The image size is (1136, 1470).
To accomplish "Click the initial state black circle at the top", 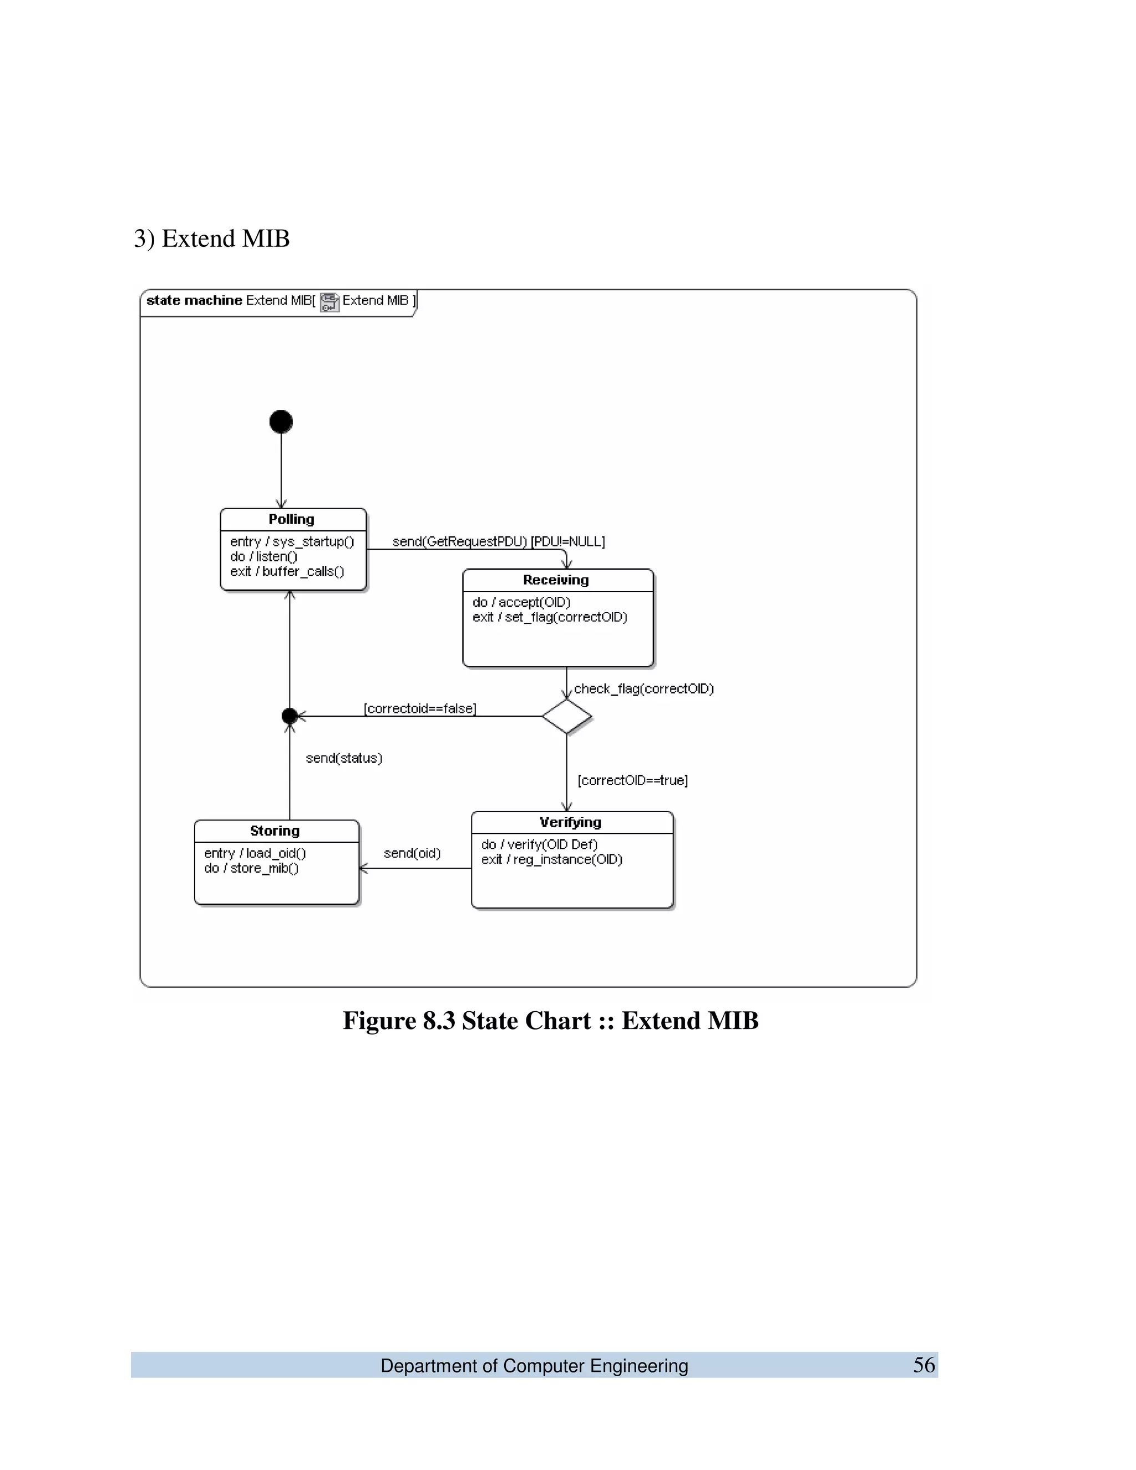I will [x=281, y=422].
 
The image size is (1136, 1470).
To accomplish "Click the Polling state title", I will [x=291, y=519].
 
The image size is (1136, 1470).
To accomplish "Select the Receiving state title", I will [x=556, y=580].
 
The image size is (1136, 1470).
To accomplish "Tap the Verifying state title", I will [x=571, y=822].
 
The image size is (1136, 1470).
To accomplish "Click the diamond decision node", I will [x=567, y=716].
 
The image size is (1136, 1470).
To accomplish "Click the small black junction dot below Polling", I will [x=290, y=716].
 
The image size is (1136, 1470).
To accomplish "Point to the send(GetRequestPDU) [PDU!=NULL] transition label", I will [x=498, y=541].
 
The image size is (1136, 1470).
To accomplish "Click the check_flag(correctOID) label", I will [x=644, y=688].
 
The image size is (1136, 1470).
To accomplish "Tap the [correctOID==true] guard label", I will [x=632, y=780].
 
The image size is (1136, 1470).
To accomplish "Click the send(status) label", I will [x=344, y=758].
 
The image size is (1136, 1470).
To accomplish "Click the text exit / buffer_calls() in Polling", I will [x=287, y=571].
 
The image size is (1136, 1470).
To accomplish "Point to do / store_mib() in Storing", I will [x=252, y=868].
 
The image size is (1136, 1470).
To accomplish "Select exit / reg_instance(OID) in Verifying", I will [x=552, y=859].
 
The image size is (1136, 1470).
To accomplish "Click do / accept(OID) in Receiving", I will [x=521, y=602].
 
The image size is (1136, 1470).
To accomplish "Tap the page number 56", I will [x=924, y=1365].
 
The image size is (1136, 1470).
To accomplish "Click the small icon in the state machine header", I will [x=329, y=302].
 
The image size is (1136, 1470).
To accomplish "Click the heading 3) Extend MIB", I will [x=211, y=239].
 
